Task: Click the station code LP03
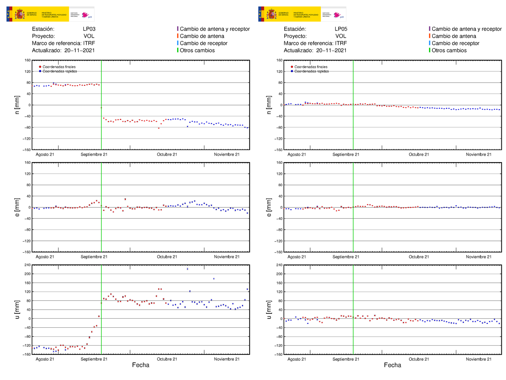89,29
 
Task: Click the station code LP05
341,29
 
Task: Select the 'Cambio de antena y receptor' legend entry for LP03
215,29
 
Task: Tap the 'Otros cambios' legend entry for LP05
449,50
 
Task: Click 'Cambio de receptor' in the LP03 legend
203,43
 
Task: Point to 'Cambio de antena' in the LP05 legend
454,36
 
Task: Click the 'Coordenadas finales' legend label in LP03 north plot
59,67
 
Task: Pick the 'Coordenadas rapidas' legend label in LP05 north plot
311,71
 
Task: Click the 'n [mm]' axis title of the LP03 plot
17,105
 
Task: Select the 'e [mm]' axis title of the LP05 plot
269,207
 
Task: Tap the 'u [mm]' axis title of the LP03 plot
17,309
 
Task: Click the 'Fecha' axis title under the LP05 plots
392,365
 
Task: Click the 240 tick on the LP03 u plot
27,265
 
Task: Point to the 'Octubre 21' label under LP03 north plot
167,154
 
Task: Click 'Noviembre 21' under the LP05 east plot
479,257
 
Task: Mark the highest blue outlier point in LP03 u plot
187,269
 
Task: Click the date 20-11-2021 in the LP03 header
79,50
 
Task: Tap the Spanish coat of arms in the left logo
19,15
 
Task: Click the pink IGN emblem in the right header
337,15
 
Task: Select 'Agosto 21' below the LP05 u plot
296,359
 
